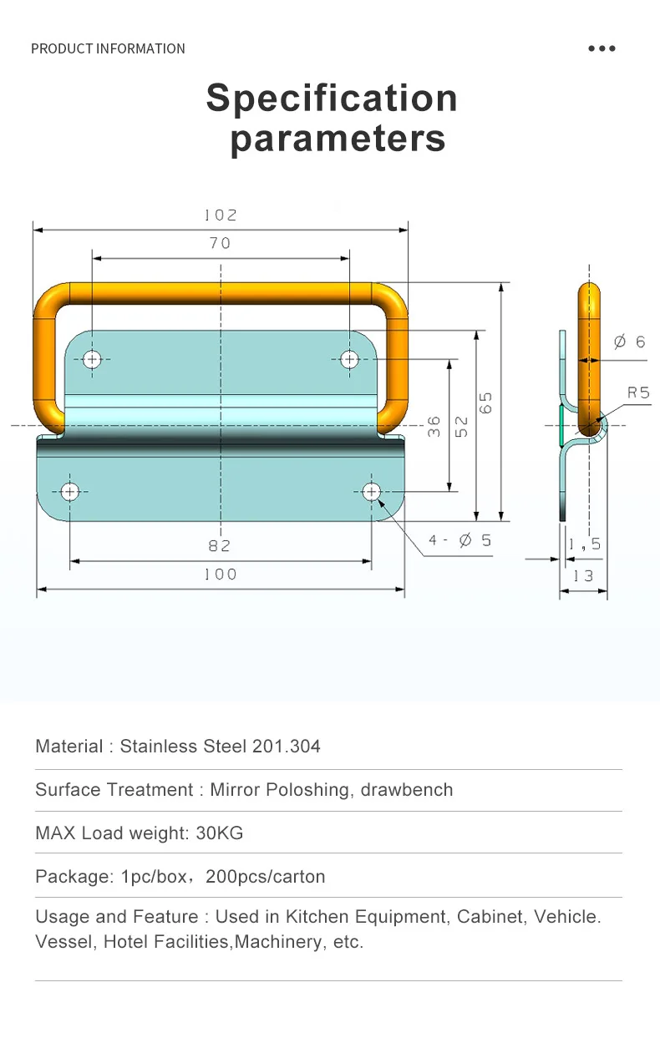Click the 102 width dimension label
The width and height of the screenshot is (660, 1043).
221,215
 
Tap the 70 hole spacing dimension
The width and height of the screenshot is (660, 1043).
221,243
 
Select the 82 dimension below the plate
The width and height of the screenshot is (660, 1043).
220,545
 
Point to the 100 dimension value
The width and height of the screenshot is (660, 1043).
221,575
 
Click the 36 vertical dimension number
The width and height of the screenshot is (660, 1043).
434,427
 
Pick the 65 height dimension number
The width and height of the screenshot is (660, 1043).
486,402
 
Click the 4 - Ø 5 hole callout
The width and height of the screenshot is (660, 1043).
460,540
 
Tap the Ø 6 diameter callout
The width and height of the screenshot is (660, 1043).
629,342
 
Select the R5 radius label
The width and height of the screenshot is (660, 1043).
638,392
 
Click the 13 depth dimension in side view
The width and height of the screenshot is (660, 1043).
583,576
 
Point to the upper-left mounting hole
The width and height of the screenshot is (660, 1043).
92,360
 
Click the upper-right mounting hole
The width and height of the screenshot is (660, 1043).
349,360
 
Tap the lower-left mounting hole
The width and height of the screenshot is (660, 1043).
69,491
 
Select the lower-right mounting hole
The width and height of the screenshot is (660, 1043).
371,491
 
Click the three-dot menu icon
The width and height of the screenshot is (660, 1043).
602,48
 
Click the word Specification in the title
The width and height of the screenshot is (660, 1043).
332,98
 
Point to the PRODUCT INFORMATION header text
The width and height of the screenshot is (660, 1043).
108,48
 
